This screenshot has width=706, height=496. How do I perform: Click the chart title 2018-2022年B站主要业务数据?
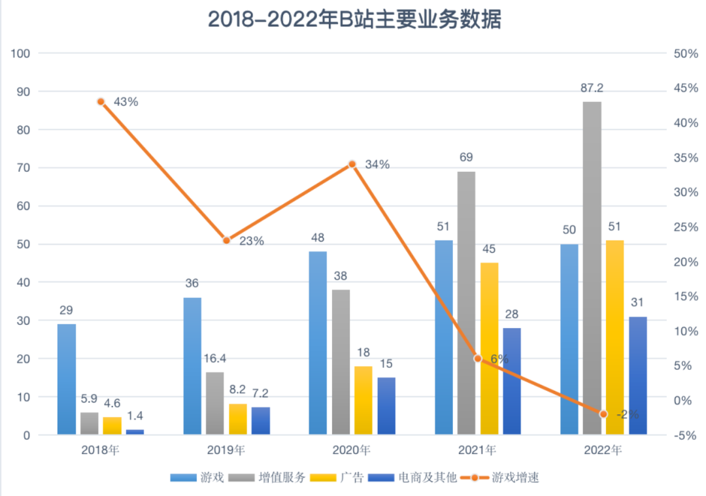click(354, 20)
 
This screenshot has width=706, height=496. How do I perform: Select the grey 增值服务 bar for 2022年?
click(592, 268)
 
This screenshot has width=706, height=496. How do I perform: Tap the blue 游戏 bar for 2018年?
click(67, 379)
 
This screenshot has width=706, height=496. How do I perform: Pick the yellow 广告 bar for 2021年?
click(489, 348)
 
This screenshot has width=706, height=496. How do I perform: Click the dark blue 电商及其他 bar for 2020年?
click(386, 406)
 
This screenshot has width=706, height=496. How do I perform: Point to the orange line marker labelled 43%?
click(101, 102)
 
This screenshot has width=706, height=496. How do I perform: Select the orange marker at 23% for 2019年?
click(226, 240)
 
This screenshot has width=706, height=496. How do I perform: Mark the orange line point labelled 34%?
click(352, 164)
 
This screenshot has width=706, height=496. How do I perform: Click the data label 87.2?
click(592, 88)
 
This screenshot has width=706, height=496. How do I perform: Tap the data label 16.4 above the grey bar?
click(215, 358)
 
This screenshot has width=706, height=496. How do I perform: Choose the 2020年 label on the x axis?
click(352, 450)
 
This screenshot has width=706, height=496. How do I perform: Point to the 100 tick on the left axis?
click(20, 54)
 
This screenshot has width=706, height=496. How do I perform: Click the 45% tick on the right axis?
click(686, 88)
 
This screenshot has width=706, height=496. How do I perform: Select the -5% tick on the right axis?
click(686, 435)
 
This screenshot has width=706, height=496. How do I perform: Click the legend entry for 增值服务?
click(267, 477)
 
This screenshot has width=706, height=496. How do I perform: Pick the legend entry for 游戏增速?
click(498, 477)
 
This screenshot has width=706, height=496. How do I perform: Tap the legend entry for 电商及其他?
click(412, 477)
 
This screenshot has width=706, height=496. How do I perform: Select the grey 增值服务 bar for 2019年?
click(215, 403)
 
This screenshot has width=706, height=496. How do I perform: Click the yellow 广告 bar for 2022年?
click(614, 337)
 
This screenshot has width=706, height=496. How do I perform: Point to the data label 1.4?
click(135, 416)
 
